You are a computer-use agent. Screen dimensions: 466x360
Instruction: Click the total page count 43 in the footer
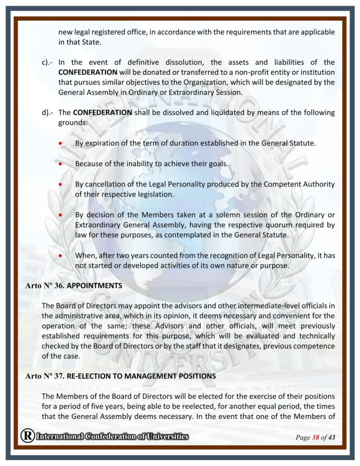tap(331, 437)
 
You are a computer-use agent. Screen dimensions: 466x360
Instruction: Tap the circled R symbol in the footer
tap(27, 436)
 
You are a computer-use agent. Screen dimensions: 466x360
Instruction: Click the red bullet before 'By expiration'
tap(61, 143)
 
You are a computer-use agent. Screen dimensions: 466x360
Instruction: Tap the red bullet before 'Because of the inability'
tap(61, 164)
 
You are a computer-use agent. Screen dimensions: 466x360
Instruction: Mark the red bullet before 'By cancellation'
tap(61, 184)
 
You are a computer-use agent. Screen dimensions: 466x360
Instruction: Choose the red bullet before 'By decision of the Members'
tap(61, 215)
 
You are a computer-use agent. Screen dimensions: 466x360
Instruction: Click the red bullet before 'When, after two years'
tap(61, 256)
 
